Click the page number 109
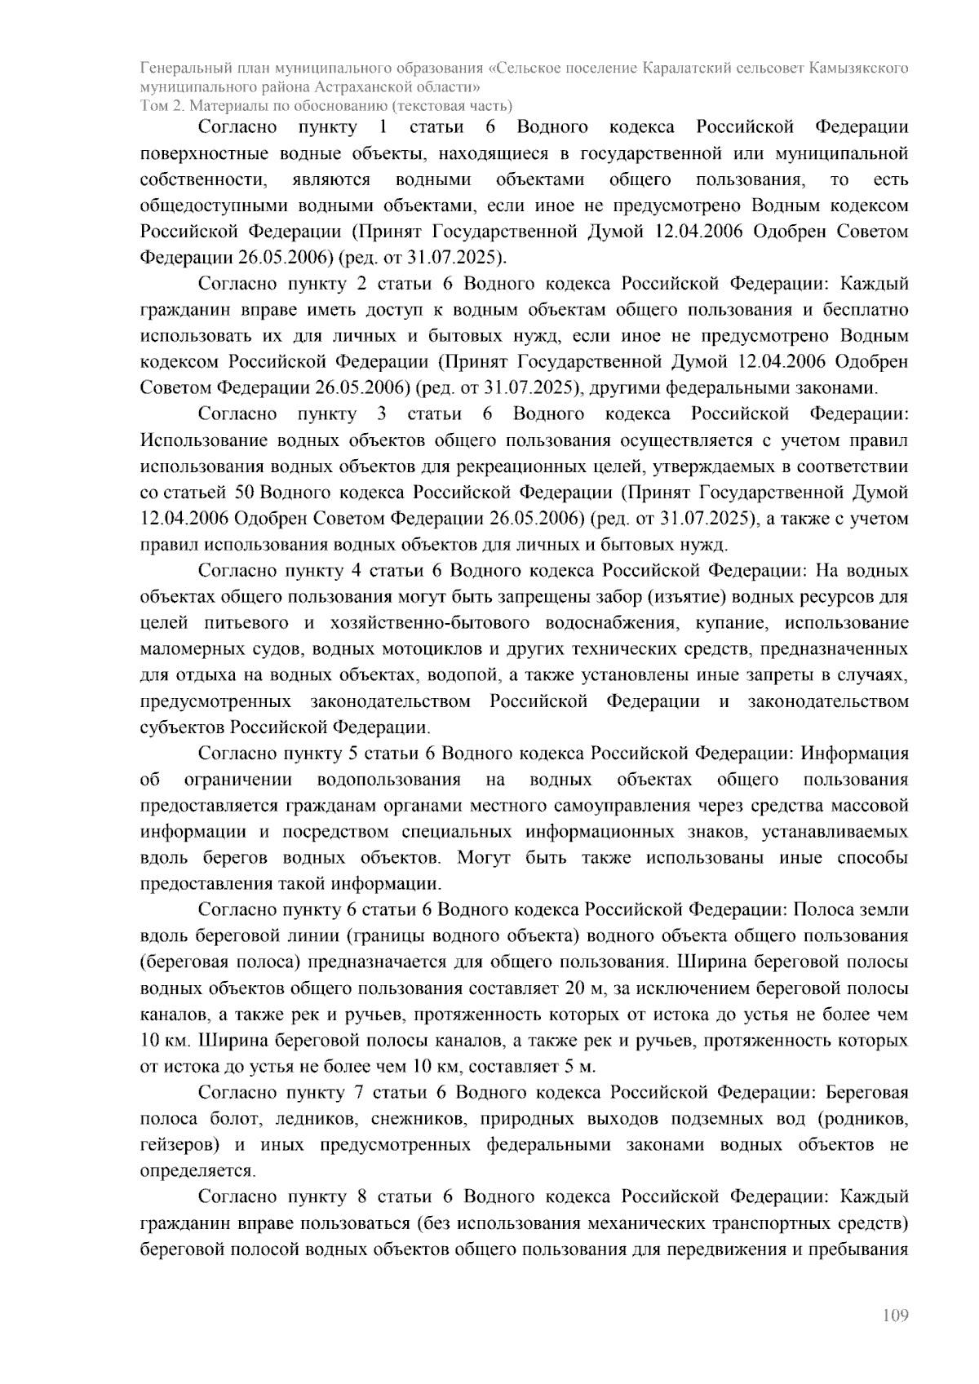pos(895,1315)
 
